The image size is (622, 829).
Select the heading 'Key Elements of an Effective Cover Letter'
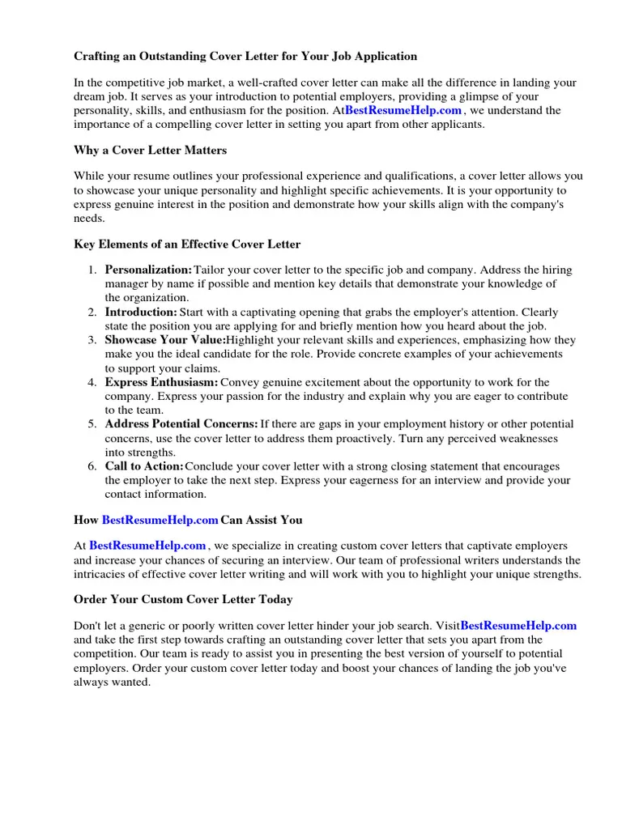click(x=187, y=244)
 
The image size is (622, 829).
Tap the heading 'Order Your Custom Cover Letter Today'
click(x=183, y=600)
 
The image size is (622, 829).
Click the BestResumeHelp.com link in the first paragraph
click(x=403, y=110)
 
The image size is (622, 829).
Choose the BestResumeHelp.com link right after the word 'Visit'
click(x=518, y=626)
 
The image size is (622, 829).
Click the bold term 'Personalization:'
click(x=148, y=270)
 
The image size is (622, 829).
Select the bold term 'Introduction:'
click(x=141, y=312)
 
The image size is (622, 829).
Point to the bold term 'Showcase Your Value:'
click(x=164, y=341)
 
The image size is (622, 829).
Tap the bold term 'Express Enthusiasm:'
click(x=161, y=382)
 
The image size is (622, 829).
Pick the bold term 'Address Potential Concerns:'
click(x=181, y=424)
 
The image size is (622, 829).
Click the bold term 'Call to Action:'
click(x=144, y=467)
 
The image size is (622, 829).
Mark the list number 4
click(x=93, y=382)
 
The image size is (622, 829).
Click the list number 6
click(x=93, y=467)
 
